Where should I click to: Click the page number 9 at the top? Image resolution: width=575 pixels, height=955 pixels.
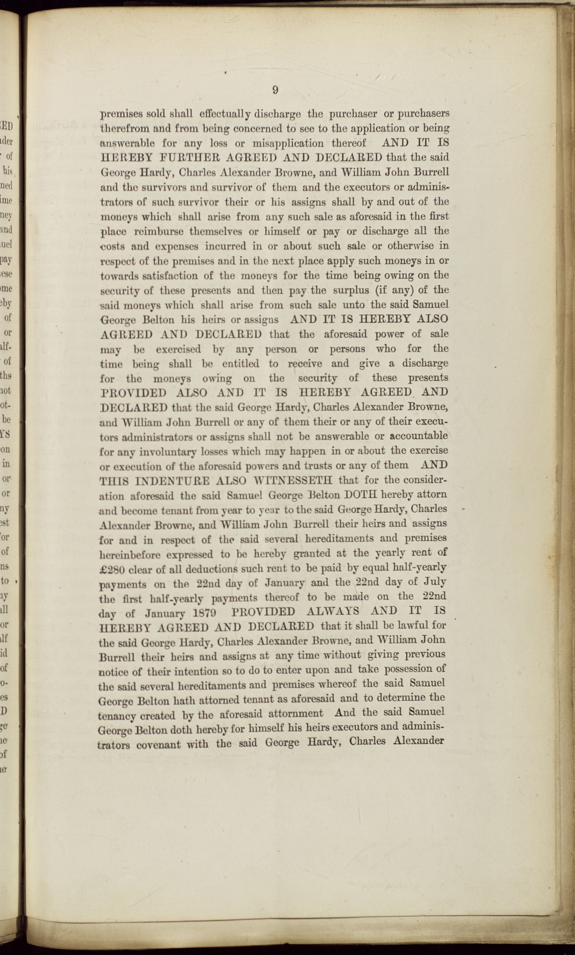[275, 90]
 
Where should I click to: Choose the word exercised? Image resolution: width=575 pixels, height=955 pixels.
[178, 349]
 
